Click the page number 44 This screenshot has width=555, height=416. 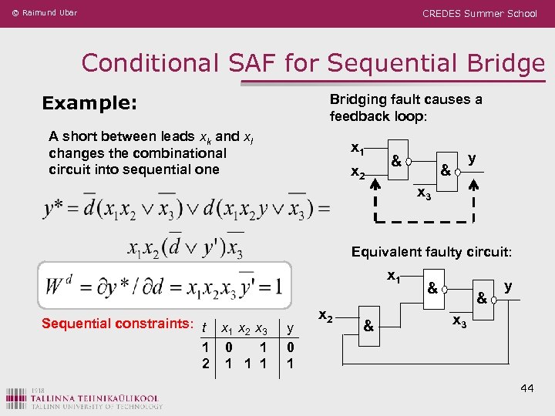click(527, 387)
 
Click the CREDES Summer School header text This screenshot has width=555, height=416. click(479, 13)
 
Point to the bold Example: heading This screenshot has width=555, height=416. click(89, 102)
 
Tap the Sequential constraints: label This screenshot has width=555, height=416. click(116, 324)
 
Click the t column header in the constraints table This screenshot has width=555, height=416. click(203, 329)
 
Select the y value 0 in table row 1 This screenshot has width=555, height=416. click(289, 347)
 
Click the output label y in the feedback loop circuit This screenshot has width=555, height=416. click(472, 158)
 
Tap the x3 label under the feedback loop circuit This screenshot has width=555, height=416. click(424, 194)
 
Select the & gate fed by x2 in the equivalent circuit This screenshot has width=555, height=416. click(369, 326)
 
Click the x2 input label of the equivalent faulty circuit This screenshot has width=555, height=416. click(325, 317)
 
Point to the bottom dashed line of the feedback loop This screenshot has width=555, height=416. click(424, 220)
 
